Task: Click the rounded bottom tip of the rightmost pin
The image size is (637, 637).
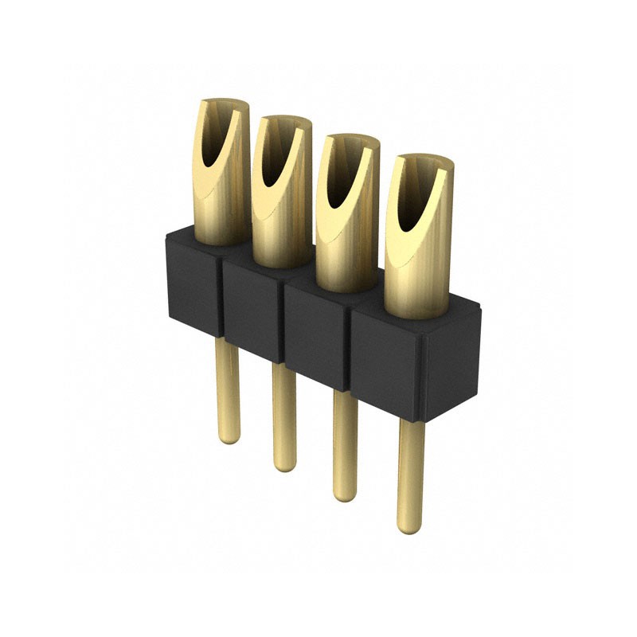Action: (x=410, y=527)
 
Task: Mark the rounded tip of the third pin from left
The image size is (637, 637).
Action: (x=345, y=495)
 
